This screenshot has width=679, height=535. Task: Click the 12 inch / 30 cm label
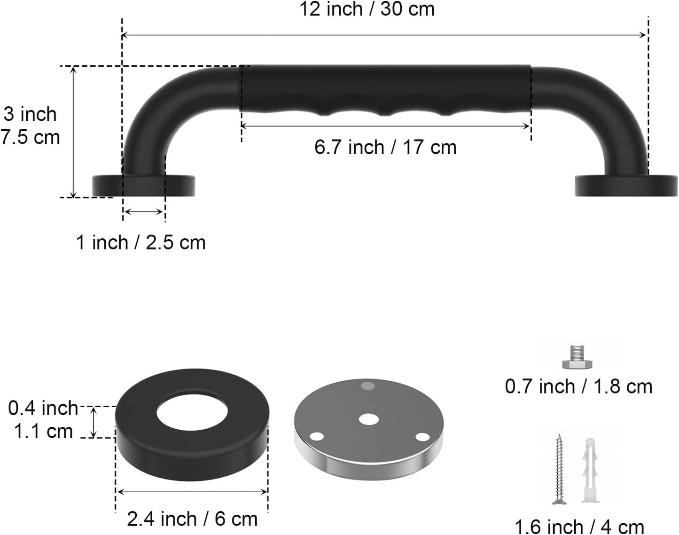point(367,9)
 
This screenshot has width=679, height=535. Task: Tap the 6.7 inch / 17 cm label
point(385,148)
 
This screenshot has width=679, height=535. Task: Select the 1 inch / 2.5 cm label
point(141,243)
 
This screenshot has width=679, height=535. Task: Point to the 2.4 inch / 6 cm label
point(192,519)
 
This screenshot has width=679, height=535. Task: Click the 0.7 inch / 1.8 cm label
point(578,386)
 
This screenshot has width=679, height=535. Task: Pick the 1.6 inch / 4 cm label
point(579,526)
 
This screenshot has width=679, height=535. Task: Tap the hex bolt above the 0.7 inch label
point(578,358)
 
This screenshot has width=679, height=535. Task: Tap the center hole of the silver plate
point(369,419)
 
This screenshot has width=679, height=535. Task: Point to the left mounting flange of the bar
point(144,186)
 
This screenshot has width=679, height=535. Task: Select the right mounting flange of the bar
point(626,186)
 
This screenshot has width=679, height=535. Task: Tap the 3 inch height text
point(30,114)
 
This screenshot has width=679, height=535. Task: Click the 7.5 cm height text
point(30,137)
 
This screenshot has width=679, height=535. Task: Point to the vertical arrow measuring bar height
point(73,132)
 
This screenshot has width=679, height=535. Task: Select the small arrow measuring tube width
point(144,212)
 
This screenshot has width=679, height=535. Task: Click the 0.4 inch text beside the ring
point(43,408)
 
